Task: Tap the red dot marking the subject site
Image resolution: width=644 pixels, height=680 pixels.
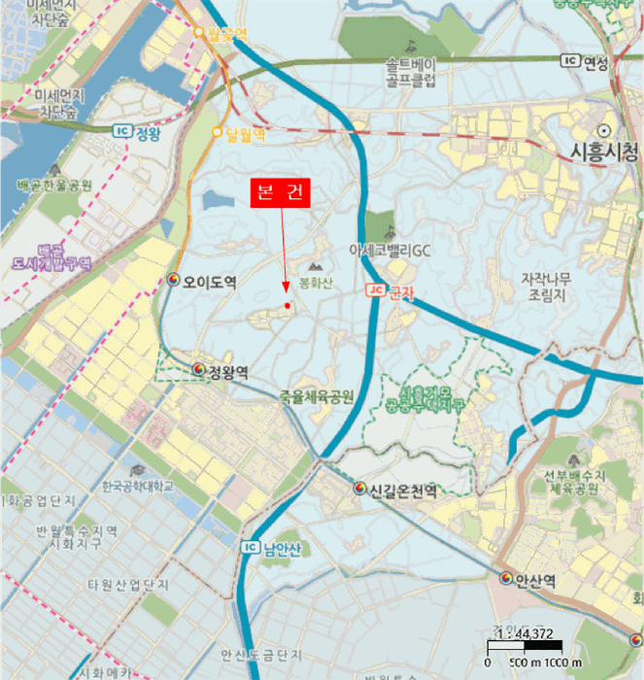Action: click(288, 306)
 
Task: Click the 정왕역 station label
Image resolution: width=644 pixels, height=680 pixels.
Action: click(227, 372)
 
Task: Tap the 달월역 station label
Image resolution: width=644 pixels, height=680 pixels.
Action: click(245, 134)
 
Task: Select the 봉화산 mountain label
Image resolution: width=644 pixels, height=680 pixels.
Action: click(316, 283)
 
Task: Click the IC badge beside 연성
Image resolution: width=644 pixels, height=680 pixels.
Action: click(570, 61)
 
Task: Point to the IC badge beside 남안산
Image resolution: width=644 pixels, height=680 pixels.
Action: click(249, 548)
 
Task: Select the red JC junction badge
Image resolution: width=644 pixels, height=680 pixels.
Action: click(375, 289)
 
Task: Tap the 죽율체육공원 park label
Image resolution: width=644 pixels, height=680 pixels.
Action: click(317, 396)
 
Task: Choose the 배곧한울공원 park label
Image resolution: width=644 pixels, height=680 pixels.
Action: click(54, 185)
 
